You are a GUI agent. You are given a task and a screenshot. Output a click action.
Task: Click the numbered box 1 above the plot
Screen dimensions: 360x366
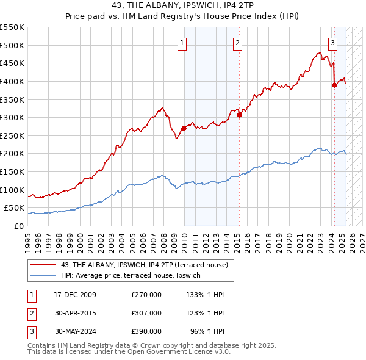coord(182,43)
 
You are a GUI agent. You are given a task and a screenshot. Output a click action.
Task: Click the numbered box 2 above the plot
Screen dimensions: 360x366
coord(237,43)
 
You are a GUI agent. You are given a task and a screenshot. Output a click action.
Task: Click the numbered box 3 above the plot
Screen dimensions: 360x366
coord(332,43)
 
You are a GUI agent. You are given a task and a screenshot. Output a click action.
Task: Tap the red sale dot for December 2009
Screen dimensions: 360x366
coord(184,128)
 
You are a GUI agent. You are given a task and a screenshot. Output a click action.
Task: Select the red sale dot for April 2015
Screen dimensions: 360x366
coord(239,115)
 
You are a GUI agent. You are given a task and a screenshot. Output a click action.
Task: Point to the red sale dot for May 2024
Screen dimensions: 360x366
coord(334,85)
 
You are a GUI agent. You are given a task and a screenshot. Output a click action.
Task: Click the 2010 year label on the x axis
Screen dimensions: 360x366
coord(184,239)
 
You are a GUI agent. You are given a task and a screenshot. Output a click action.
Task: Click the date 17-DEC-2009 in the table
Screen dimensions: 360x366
coord(75,295)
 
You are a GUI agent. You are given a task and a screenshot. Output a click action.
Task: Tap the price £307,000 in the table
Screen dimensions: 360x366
coord(146,313)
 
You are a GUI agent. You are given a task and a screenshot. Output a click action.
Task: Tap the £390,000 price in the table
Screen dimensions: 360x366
coord(146,331)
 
